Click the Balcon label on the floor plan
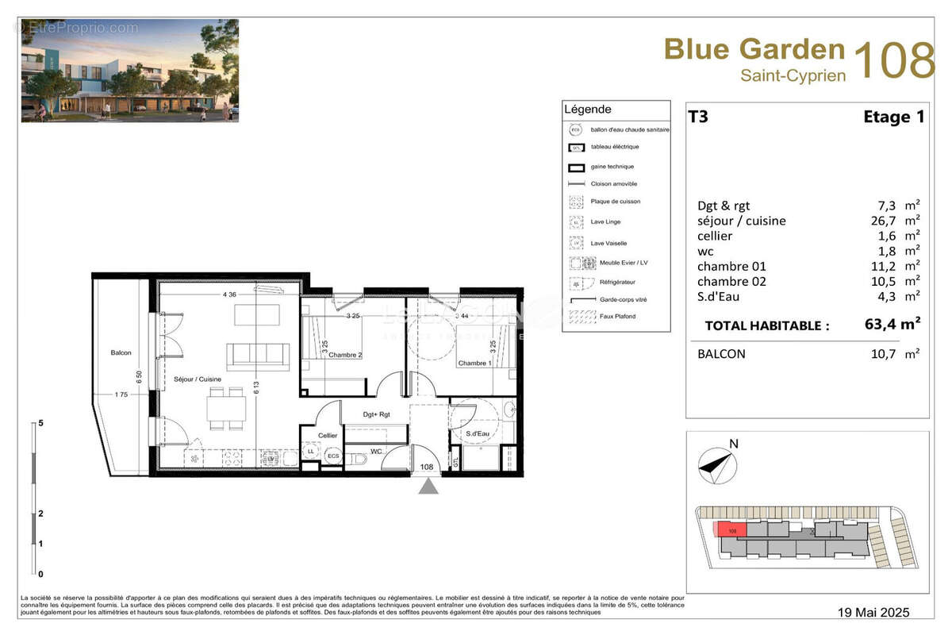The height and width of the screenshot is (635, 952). point(121,352)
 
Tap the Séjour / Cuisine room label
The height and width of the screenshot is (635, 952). point(198,379)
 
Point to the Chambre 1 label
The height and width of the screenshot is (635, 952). point(475,363)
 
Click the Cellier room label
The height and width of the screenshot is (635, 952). point(328,435)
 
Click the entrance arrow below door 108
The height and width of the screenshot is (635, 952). point(428,486)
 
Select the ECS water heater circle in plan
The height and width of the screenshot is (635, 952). point(333,456)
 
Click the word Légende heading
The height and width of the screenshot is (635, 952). point(587,110)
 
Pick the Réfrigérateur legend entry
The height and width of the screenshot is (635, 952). point(608,282)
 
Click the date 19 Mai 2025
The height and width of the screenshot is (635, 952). point(873,612)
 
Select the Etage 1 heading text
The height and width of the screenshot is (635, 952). point(893,117)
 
